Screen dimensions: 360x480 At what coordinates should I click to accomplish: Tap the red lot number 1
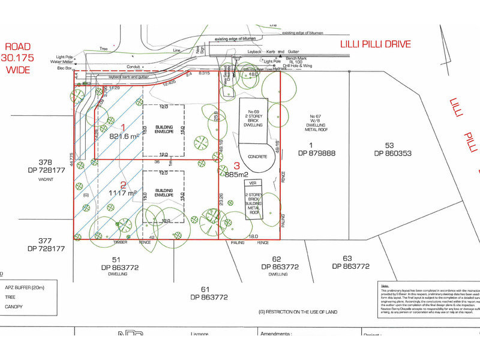[123, 127]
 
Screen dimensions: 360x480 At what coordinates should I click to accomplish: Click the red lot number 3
[236, 166]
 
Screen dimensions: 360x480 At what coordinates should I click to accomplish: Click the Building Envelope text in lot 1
[164, 130]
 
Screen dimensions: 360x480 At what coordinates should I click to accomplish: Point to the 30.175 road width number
[18, 58]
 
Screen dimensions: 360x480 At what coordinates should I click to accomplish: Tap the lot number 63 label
[347, 259]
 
